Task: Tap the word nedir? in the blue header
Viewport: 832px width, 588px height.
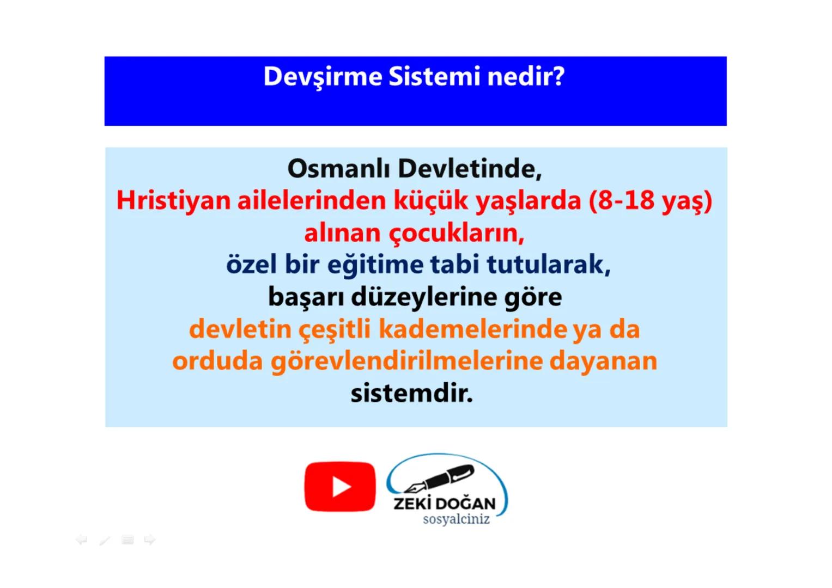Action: tap(526, 77)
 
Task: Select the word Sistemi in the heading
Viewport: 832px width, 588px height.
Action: tap(434, 77)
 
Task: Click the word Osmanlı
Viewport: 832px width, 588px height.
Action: tap(338, 169)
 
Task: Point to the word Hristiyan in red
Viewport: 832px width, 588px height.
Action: tap(173, 200)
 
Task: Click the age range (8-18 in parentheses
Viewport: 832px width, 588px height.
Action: tap(622, 200)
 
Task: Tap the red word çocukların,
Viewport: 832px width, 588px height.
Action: tap(456, 234)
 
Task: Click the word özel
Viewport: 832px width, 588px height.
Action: tap(251, 265)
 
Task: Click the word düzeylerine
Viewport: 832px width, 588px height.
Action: tap(423, 297)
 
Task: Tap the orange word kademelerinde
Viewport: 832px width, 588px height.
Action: tap(473, 329)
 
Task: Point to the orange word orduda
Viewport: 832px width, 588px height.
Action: tap(217, 362)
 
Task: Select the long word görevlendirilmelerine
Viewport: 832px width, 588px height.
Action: tap(406, 362)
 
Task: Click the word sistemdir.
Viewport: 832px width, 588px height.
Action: tap(411, 393)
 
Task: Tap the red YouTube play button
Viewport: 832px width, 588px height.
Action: tap(340, 487)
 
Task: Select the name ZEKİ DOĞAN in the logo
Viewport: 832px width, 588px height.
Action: tap(445, 503)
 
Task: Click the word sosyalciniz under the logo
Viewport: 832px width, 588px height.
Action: tap(456, 519)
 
